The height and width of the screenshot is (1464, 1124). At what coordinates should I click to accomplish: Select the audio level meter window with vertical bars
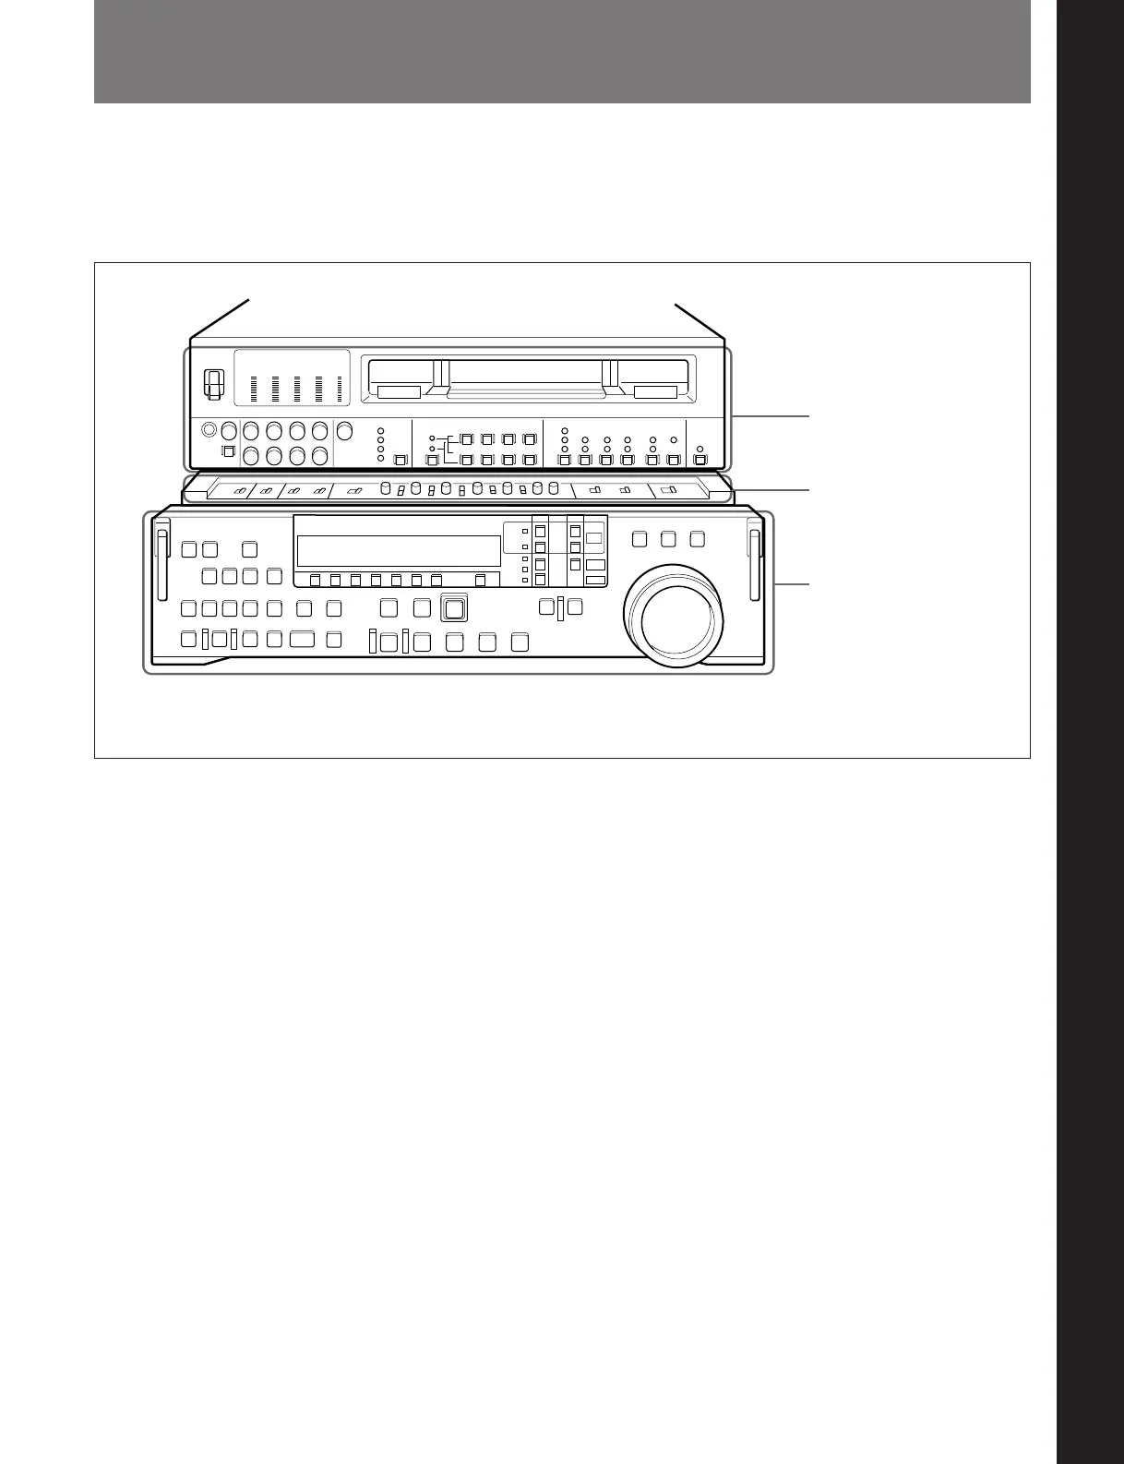click(292, 378)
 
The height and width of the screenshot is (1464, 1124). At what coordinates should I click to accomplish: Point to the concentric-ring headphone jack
click(209, 430)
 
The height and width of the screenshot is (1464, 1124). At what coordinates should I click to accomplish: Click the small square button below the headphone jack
click(228, 451)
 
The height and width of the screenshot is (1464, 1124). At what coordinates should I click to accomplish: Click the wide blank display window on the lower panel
click(399, 551)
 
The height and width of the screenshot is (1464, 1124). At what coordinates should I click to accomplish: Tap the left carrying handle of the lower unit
click(162, 563)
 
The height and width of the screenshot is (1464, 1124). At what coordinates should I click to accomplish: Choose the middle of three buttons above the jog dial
click(669, 538)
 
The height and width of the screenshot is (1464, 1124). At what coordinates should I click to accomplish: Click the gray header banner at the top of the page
click(561, 51)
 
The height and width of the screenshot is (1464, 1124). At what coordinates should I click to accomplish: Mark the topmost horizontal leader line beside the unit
click(771, 417)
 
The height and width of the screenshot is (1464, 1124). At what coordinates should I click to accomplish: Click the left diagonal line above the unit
click(220, 318)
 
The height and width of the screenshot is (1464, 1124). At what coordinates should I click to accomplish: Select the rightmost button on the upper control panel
click(700, 460)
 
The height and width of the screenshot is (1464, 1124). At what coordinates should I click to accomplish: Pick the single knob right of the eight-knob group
click(344, 430)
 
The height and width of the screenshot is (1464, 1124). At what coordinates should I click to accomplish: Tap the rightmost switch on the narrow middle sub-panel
click(670, 490)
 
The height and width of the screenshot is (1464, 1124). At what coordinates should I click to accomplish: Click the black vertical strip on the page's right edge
click(1091, 732)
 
